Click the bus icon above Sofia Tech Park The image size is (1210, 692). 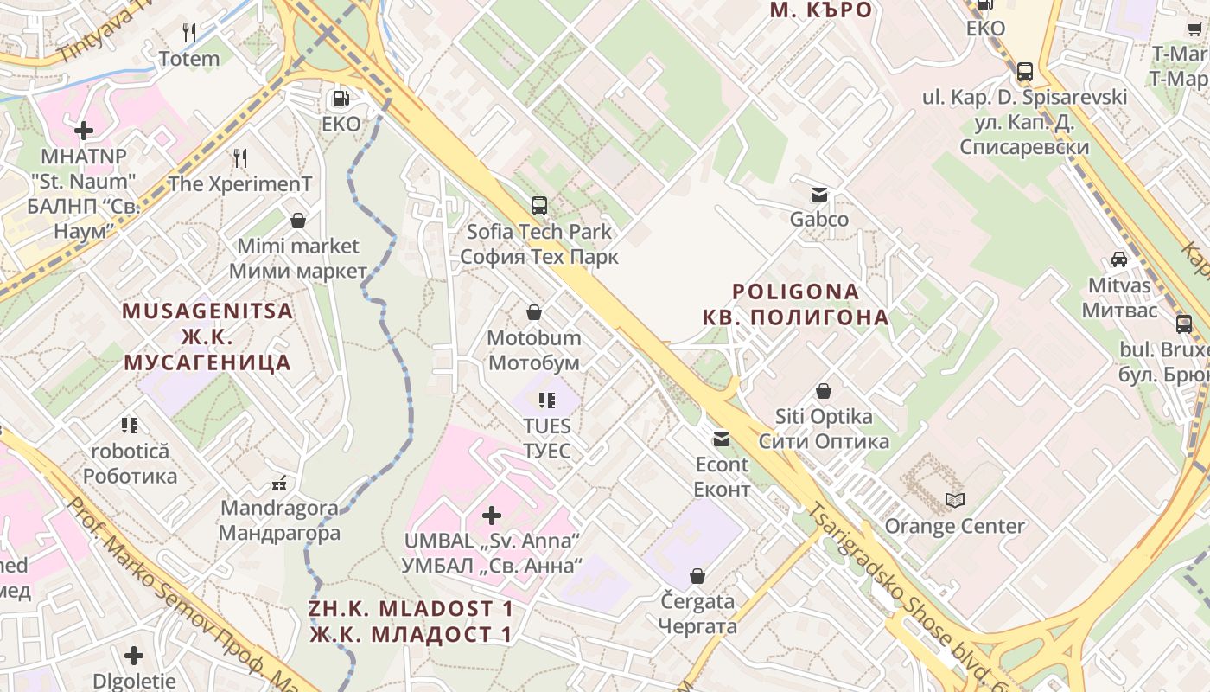(x=539, y=206)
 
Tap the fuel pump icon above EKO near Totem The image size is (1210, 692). (x=341, y=99)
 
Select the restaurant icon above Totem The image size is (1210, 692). (x=189, y=34)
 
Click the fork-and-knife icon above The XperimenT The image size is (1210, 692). (x=240, y=158)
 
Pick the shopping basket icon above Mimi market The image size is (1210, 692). (x=298, y=221)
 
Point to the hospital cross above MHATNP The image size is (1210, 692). (x=84, y=131)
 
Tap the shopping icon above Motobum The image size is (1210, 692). (x=534, y=312)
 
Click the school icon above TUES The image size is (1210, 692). (x=546, y=400)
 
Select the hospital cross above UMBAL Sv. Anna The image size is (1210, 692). (x=492, y=516)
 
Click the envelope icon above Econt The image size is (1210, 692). (x=722, y=439)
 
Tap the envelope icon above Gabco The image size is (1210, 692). (x=818, y=195)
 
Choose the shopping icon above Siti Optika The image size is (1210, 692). (x=824, y=391)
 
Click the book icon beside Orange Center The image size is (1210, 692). (x=955, y=501)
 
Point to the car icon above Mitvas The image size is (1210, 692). (x=1119, y=259)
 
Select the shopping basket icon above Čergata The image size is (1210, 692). (x=697, y=576)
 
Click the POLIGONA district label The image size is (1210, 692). (x=796, y=292)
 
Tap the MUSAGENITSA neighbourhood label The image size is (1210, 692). (x=207, y=311)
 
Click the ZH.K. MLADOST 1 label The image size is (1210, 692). (x=411, y=609)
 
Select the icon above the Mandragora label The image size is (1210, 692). (x=279, y=483)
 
